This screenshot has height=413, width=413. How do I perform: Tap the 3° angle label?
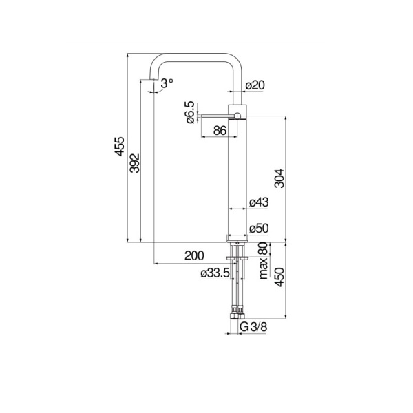[167, 84]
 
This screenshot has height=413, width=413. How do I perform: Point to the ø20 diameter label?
[255, 85]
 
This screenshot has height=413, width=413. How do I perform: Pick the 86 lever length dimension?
[220, 130]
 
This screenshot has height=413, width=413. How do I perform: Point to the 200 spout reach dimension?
[195, 255]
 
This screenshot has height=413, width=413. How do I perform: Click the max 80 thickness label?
[263, 261]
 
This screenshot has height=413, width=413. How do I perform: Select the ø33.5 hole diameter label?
[215, 274]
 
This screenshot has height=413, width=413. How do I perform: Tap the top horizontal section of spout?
[196, 56]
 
